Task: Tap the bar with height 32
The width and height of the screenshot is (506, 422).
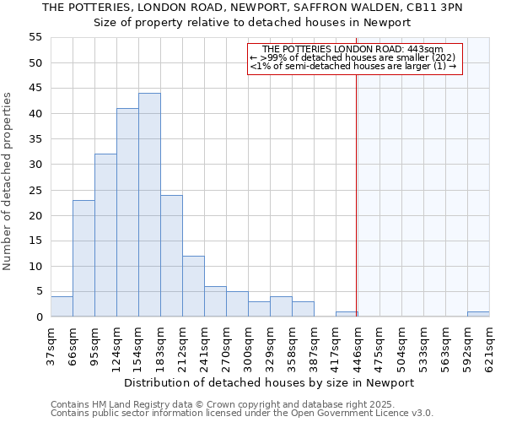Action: pyautogui.click(x=105, y=235)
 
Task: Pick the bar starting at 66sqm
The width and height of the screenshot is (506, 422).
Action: pyautogui.click(x=83, y=258)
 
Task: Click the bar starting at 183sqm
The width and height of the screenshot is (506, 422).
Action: pyautogui.click(x=171, y=256)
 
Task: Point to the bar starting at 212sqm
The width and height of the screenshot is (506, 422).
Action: pyautogui.click(x=193, y=286)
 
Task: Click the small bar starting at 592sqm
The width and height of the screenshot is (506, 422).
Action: pyautogui.click(x=478, y=314)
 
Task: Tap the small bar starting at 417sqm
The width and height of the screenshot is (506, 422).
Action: pyautogui.click(x=347, y=314)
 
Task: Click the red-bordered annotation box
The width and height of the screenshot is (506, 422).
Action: pyautogui.click(x=355, y=58)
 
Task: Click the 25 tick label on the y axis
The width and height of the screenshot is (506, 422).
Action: pyautogui.click(x=35, y=190)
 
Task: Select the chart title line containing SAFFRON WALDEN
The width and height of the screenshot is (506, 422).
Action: pyautogui.click(x=252, y=7)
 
